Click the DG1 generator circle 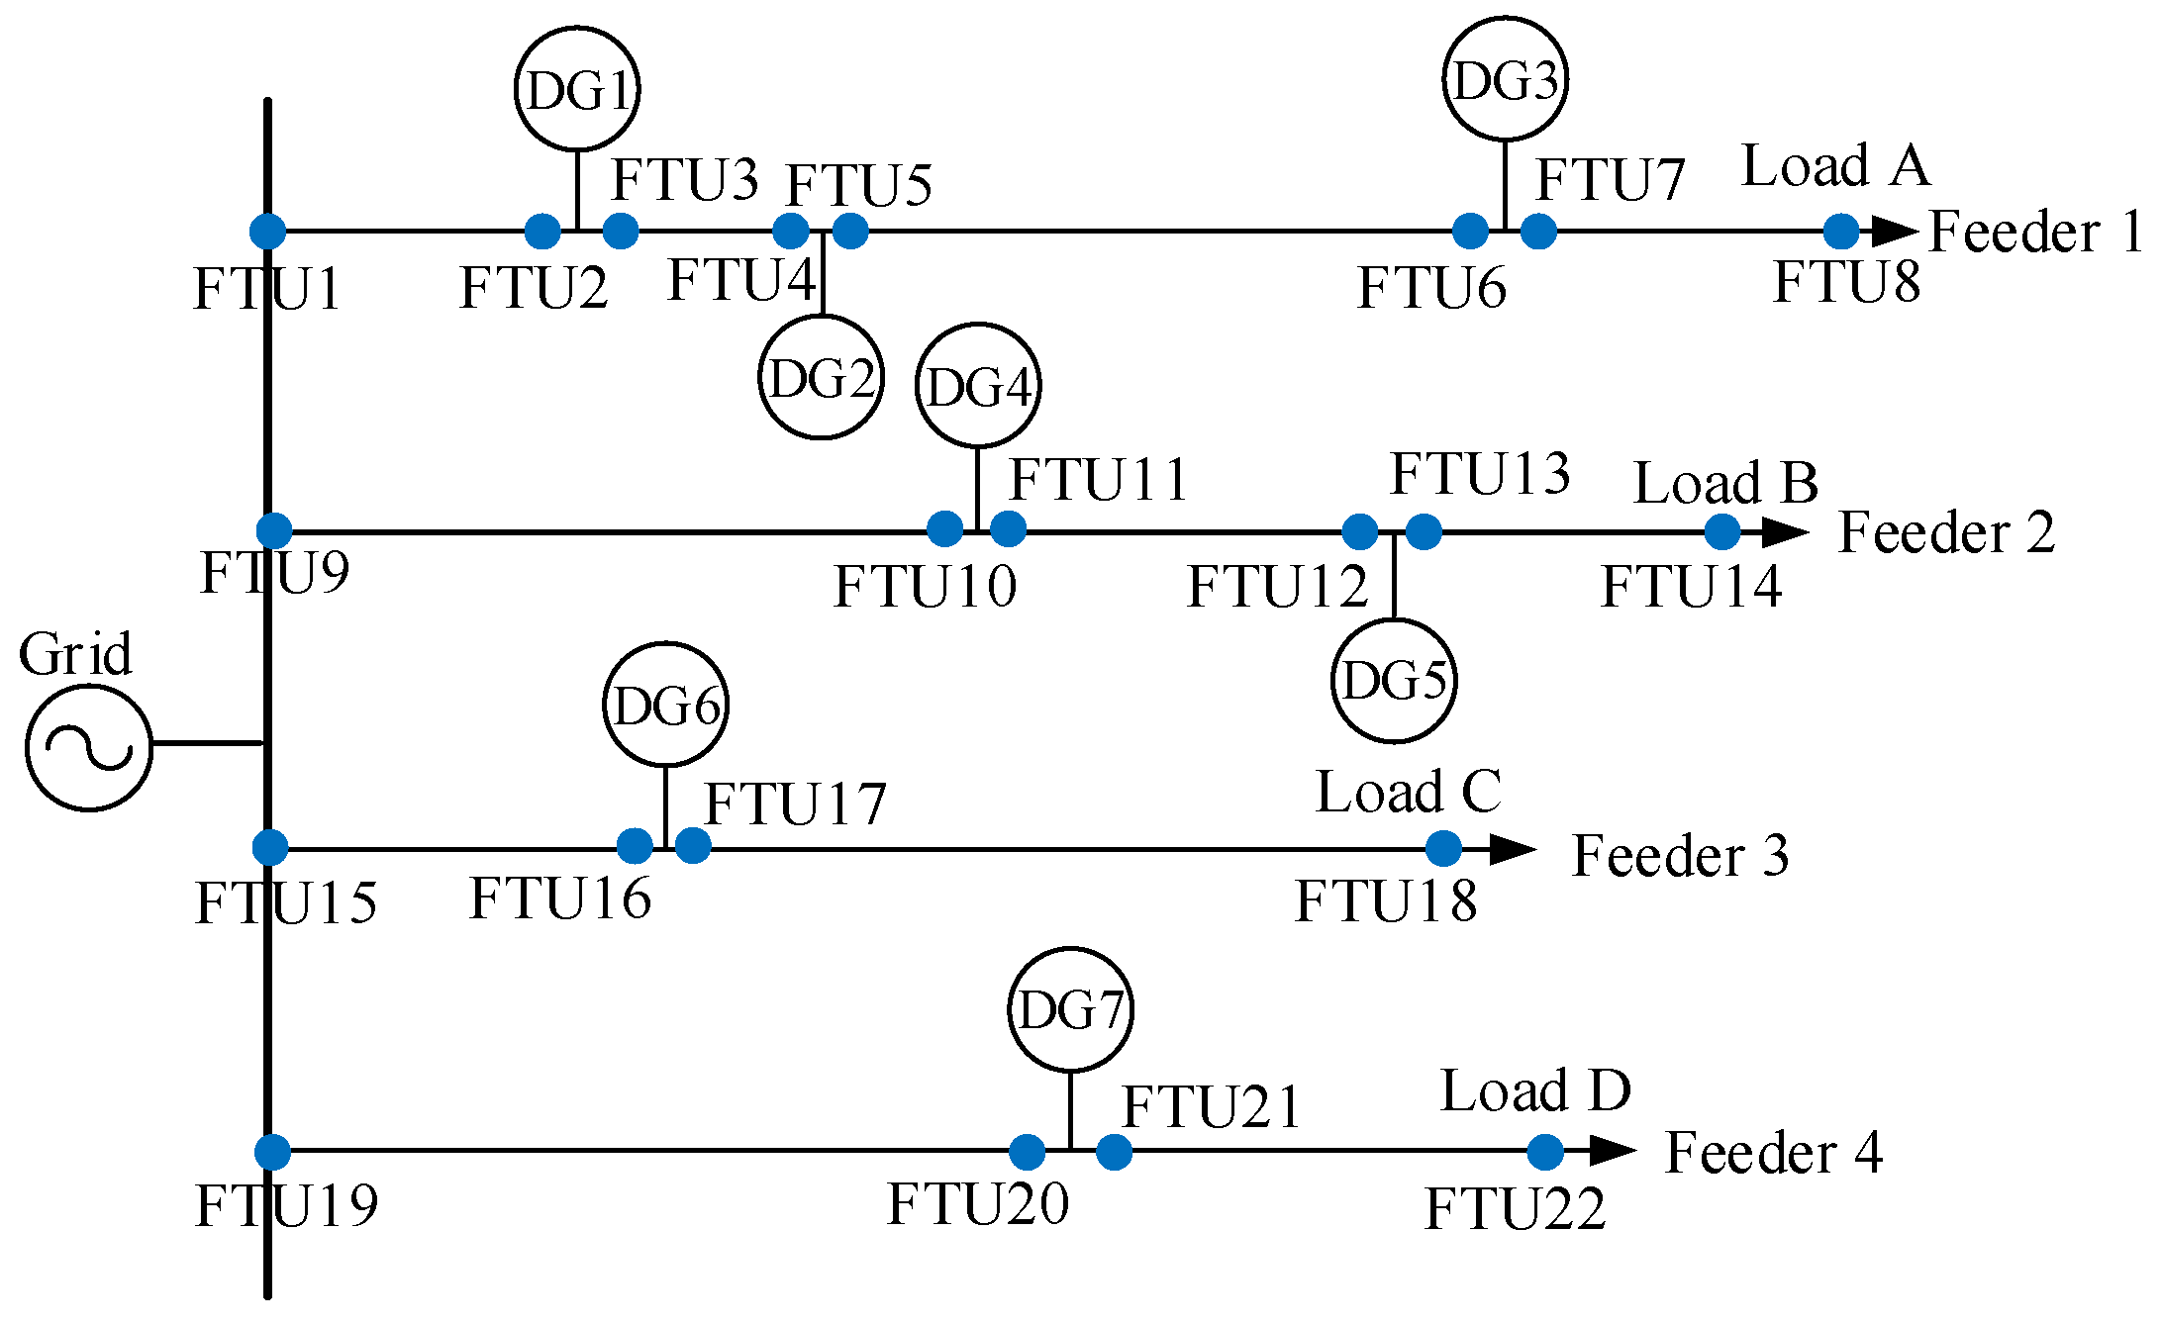point(577,89)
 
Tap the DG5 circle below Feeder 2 point(1394,681)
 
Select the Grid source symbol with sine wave point(89,747)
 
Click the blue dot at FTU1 point(267,232)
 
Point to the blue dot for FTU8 point(1841,232)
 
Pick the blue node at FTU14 point(1722,532)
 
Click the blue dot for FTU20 point(1028,1151)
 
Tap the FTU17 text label point(795,804)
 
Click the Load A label point(1836,165)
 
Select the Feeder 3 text point(1680,855)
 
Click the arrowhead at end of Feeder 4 point(1612,1150)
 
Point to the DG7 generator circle point(1070,1009)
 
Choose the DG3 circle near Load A point(1505,79)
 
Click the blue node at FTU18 point(1444,848)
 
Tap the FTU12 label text point(1277,586)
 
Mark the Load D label point(1535,1090)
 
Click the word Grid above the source point(75,654)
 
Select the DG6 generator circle point(666,705)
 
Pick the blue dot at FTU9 point(274,530)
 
